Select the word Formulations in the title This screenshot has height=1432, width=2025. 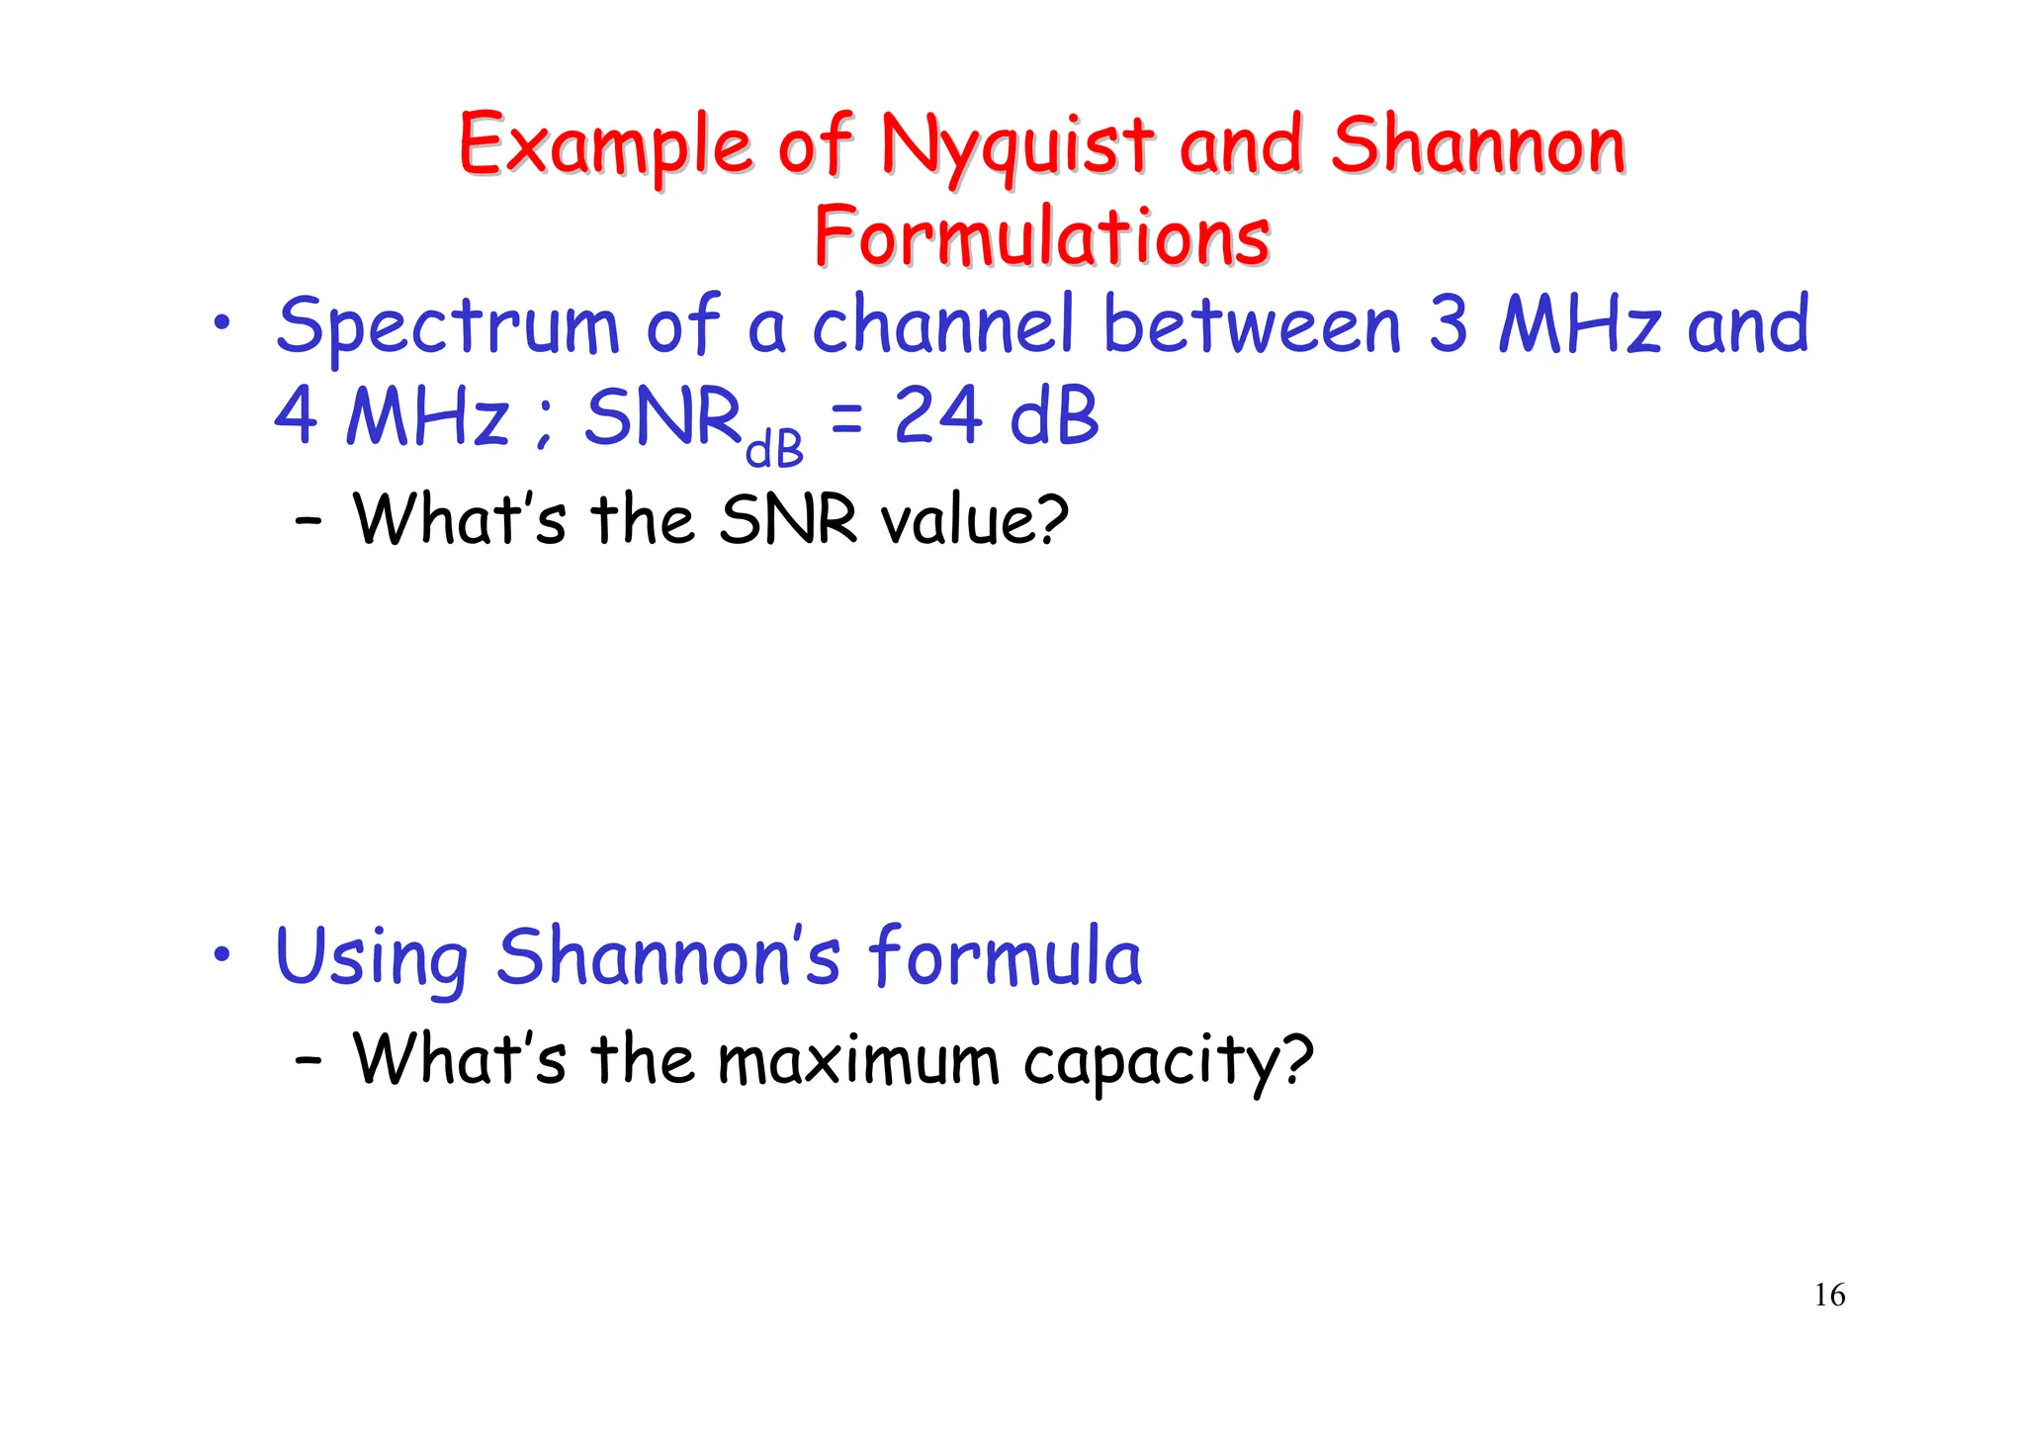click(1041, 237)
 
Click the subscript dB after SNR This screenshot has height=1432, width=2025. click(774, 450)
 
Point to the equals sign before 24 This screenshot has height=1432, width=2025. click(846, 419)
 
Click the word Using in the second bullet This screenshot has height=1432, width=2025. click(372, 959)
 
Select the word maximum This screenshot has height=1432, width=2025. click(858, 1060)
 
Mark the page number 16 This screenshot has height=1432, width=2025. click(1829, 1296)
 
